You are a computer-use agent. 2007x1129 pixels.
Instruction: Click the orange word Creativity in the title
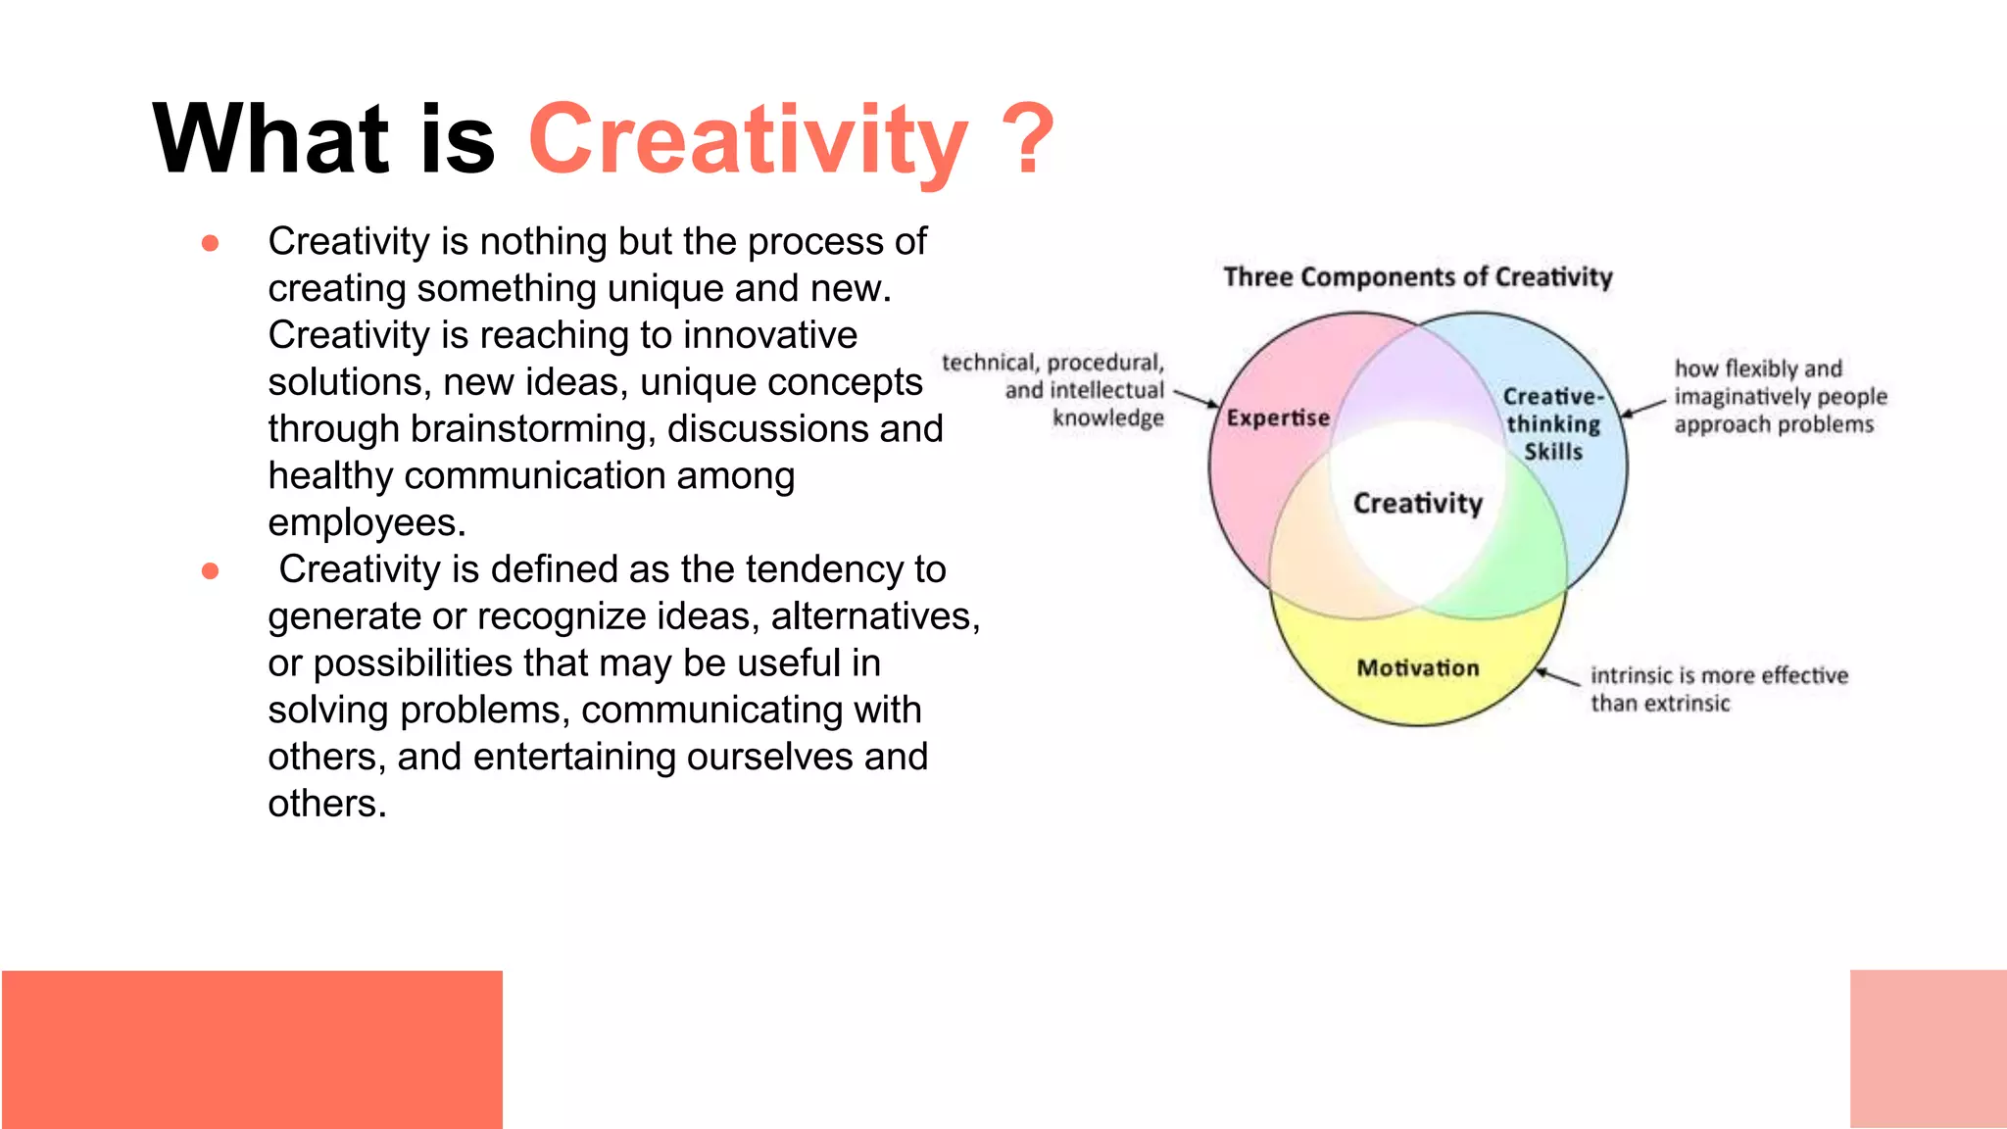coord(747,142)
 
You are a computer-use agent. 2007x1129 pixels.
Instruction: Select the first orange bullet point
coord(210,242)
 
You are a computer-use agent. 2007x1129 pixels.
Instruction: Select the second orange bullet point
coord(210,570)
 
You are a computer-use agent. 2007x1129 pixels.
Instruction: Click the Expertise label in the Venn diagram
coord(1278,418)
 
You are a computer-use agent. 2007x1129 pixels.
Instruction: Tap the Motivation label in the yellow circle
coord(1417,668)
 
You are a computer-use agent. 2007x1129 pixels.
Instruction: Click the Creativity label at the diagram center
coord(1417,504)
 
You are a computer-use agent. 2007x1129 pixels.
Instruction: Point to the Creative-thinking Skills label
coord(1553,424)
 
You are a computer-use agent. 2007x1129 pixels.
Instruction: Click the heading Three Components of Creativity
coord(1417,277)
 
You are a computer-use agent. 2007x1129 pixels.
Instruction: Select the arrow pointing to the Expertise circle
coord(1197,398)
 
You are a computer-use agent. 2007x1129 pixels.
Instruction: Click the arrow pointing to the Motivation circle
coord(1557,677)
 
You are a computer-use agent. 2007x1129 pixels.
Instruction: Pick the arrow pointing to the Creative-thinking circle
coord(1642,409)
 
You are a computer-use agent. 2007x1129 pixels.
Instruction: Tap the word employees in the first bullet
coord(366,523)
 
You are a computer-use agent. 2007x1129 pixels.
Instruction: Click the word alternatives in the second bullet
coord(874,616)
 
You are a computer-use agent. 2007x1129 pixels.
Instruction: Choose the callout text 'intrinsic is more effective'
coord(1719,676)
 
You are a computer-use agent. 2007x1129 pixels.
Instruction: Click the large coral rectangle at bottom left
coord(252,1049)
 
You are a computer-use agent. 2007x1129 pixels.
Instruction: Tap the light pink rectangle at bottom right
coord(1928,1049)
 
